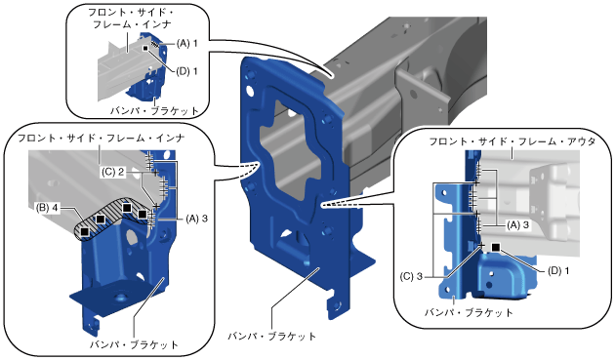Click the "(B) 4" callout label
tap(47, 208)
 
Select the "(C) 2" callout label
tap(113, 172)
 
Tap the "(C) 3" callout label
tap(411, 276)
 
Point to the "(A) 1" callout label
tap(186, 43)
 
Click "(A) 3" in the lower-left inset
tap(196, 219)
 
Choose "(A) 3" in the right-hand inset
tap(517, 225)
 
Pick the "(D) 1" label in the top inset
tap(186, 71)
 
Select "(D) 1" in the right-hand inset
tap(558, 270)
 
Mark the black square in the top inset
tap(145, 48)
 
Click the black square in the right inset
tap(495, 247)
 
